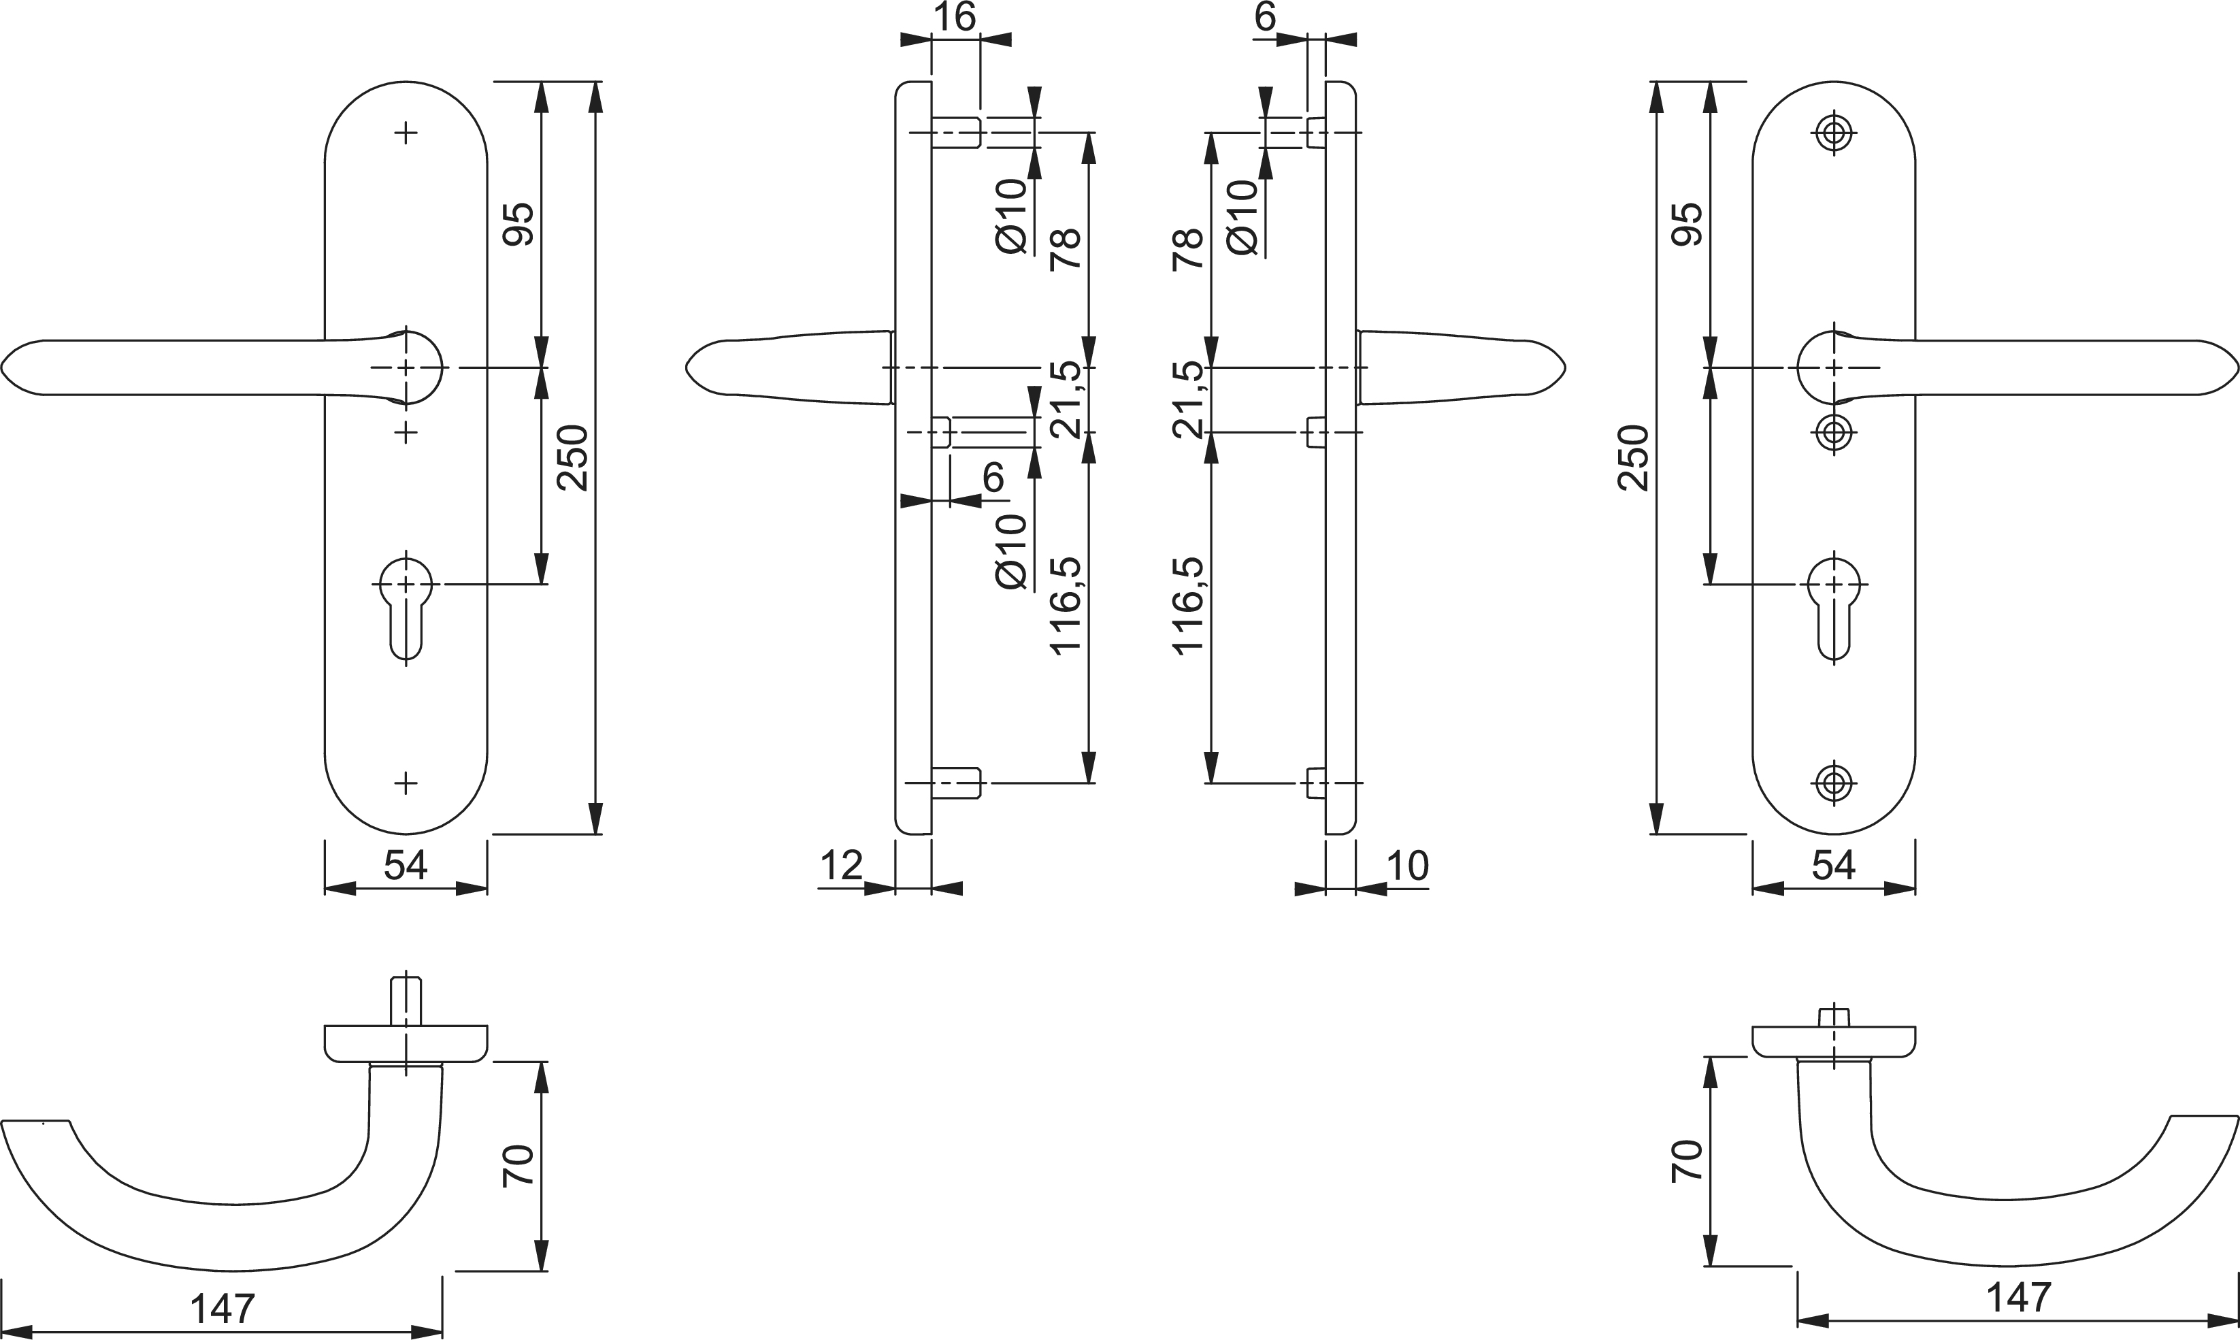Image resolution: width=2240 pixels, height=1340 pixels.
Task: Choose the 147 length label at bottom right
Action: coord(2019,1298)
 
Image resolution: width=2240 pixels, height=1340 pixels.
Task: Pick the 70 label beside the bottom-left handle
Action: coord(520,1165)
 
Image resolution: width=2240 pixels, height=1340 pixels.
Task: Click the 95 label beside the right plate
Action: coord(1687,224)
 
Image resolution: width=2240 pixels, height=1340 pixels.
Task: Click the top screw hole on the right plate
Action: coord(1834,133)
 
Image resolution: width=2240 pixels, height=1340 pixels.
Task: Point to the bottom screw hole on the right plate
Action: coord(1834,783)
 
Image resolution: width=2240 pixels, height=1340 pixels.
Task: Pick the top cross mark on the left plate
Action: coord(406,133)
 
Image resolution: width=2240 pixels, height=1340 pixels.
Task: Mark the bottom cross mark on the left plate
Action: coord(406,783)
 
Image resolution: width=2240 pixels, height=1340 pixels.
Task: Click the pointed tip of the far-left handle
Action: coord(3,367)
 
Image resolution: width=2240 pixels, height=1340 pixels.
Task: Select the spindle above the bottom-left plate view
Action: coord(406,1000)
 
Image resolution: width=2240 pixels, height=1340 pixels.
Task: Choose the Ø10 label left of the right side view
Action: coord(1242,216)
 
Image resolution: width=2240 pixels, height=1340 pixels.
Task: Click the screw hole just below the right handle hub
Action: coord(1834,433)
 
